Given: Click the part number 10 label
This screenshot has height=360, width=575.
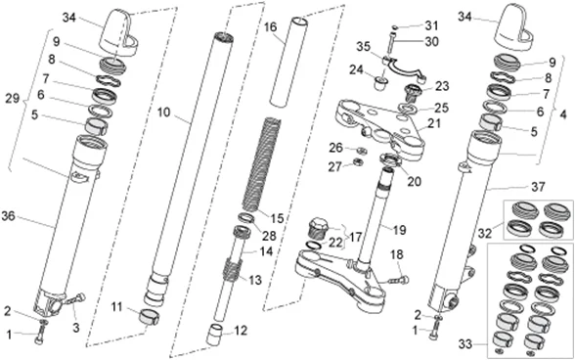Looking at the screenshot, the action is coord(164,112).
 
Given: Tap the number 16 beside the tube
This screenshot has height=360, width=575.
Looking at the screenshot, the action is coord(270,27).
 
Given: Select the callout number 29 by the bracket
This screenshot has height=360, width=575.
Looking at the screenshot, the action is coord(12,99).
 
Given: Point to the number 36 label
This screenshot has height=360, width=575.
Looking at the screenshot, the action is coord(9,216).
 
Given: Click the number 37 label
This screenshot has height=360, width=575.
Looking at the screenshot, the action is coord(538,187).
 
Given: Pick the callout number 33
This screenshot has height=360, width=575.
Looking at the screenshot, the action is coord(465,344).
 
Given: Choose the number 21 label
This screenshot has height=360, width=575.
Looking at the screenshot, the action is coord(434,123).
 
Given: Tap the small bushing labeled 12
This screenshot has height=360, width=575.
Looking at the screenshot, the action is coord(215,334).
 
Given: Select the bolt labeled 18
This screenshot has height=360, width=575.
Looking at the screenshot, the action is coord(399,281).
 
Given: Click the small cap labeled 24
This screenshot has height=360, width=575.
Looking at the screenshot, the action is coord(381,83).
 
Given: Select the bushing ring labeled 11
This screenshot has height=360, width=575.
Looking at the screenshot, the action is coord(150,317).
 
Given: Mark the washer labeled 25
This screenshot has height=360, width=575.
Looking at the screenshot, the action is coord(407,109).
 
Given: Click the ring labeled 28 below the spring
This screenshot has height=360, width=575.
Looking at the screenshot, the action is coord(245,217).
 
